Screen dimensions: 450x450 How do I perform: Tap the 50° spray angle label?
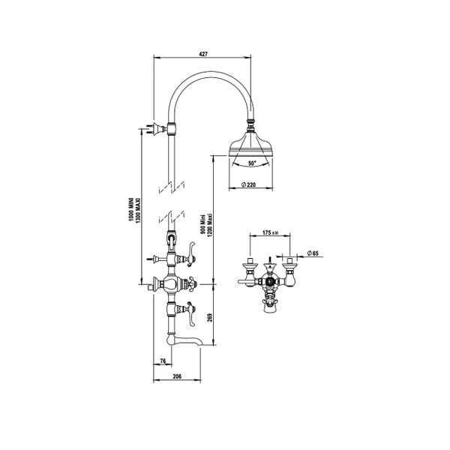tap(251, 163)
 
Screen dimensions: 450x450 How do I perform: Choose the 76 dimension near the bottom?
tap(163, 361)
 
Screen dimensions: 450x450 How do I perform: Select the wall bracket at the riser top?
tap(159, 128)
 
